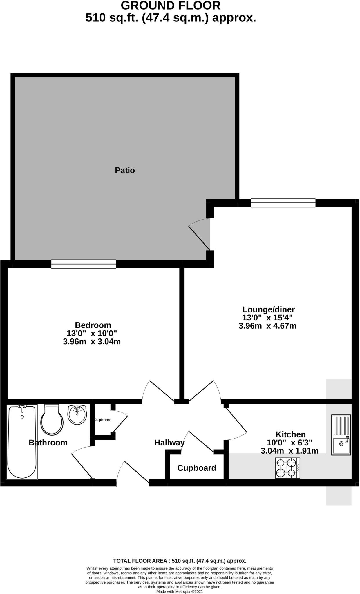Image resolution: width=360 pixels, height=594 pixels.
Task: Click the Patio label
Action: pyautogui.click(x=125, y=170)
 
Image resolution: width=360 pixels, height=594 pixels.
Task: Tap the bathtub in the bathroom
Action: pyautogui.click(x=22, y=442)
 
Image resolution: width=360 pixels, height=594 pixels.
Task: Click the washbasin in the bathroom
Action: pyautogui.click(x=77, y=414)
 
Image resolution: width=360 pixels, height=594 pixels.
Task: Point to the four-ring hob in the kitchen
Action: pyautogui.click(x=287, y=468)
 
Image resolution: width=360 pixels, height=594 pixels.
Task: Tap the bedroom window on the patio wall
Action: pyautogui.click(x=84, y=264)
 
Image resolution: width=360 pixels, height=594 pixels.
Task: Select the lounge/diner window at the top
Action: pyautogui.click(x=283, y=203)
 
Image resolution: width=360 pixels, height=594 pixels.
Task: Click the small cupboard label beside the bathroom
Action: pyautogui.click(x=103, y=420)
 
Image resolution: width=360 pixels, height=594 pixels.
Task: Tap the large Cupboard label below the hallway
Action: pyautogui.click(x=196, y=468)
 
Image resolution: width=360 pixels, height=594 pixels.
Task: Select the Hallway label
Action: pyautogui.click(x=169, y=443)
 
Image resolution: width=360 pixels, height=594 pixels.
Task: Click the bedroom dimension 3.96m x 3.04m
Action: pyautogui.click(x=92, y=342)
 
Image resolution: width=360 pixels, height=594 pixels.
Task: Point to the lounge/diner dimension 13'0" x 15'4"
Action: pyautogui.click(x=267, y=318)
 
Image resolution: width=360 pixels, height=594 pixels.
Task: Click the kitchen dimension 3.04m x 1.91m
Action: pyautogui.click(x=290, y=451)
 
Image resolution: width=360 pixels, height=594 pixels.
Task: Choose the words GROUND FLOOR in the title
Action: pyautogui.click(x=171, y=6)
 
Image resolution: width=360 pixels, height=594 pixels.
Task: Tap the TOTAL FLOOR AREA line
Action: pyautogui.click(x=180, y=561)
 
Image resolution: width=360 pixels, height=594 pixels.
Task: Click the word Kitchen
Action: pyautogui.click(x=290, y=434)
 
